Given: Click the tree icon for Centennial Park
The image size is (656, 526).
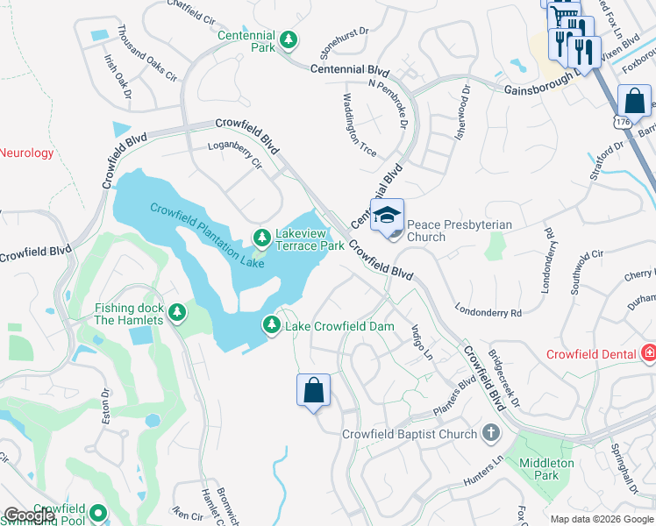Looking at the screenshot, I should point(287,39).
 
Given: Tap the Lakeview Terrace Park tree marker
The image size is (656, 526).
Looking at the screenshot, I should point(261,238).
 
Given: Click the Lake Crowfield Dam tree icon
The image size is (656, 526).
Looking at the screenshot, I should point(272,325).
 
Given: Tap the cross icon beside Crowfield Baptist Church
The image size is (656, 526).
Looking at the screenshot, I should point(491,433).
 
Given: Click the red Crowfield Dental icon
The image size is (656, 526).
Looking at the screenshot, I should point(648,354).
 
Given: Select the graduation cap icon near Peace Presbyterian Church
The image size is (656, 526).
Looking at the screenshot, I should point(387,215).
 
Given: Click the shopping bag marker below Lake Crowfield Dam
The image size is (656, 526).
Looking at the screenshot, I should point(314,392).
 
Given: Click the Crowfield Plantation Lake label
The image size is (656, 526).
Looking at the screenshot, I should point(207,235).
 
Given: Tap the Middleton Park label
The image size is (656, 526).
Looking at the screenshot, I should point(545,469).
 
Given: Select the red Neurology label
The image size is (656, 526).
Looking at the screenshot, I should point(26,153).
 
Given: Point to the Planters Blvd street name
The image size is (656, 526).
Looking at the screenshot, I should point(454,400).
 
